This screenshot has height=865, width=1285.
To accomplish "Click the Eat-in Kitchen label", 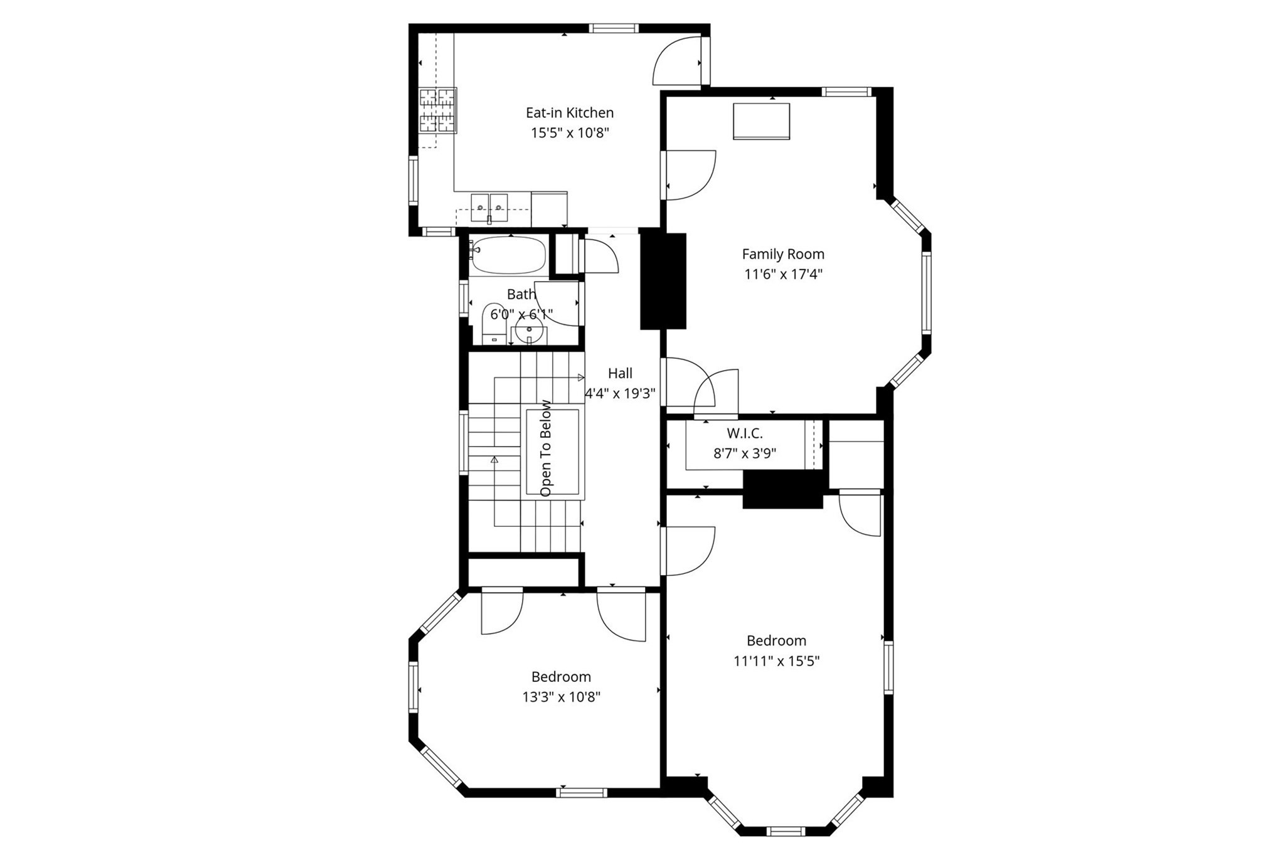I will (569, 113).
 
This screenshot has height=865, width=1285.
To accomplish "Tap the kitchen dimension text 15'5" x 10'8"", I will (570, 133).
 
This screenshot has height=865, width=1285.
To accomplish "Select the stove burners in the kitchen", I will (437, 110).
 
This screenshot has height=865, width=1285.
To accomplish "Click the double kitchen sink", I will (489, 207).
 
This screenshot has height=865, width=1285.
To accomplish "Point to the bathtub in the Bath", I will (508, 255).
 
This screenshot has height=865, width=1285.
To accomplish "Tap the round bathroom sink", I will (530, 330).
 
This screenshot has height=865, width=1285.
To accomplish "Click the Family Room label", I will (782, 254).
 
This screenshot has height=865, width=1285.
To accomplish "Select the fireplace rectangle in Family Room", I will (761, 121).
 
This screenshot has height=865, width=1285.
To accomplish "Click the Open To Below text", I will (546, 448).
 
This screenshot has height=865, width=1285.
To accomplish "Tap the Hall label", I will (620, 373).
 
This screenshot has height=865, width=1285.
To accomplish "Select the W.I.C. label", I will (744, 433).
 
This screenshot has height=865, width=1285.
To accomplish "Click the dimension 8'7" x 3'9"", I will (744, 454).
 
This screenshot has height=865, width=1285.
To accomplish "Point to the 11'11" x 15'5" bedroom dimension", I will (776, 661).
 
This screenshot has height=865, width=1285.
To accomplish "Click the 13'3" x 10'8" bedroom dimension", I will (561, 697).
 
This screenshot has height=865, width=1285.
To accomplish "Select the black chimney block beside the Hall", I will (663, 281).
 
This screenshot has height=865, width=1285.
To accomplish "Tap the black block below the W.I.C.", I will (782, 489).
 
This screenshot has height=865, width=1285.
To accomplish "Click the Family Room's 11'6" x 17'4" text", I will (782, 274).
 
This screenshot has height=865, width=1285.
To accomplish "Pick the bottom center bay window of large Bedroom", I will (786, 832).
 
